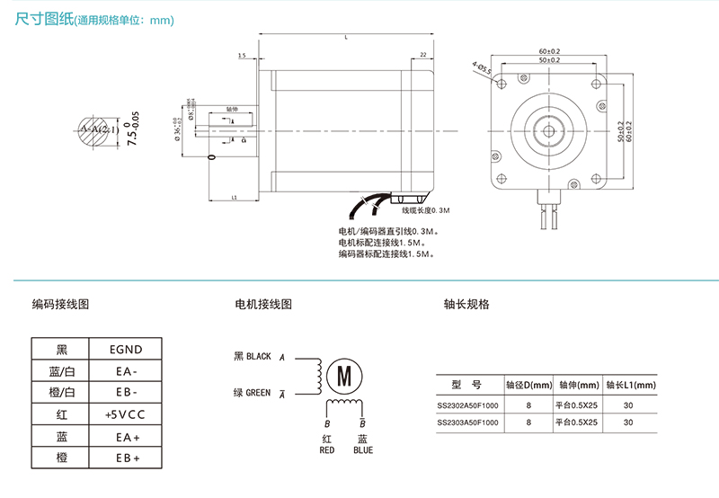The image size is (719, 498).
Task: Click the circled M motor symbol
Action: coord(342,376)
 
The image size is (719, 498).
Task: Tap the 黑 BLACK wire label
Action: coord(253,356)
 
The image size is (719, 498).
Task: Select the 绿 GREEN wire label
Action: coord(253,392)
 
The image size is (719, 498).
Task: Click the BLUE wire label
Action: coord(362,450)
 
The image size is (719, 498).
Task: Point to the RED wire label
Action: coord(327,450)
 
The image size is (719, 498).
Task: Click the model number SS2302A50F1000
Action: coord(467,405)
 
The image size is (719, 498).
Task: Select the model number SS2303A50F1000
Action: coord(467,422)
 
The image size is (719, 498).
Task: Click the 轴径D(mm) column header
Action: coord(529,385)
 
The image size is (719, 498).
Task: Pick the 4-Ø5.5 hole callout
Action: coord(481,67)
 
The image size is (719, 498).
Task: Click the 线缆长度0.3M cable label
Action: coord(425,210)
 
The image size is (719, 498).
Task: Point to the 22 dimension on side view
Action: coord(422,56)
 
